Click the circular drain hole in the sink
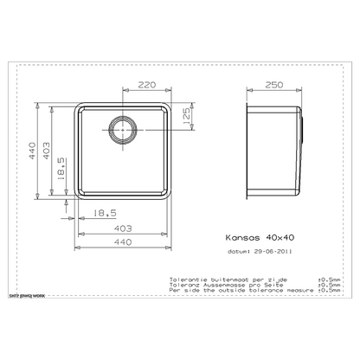click(120, 132)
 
